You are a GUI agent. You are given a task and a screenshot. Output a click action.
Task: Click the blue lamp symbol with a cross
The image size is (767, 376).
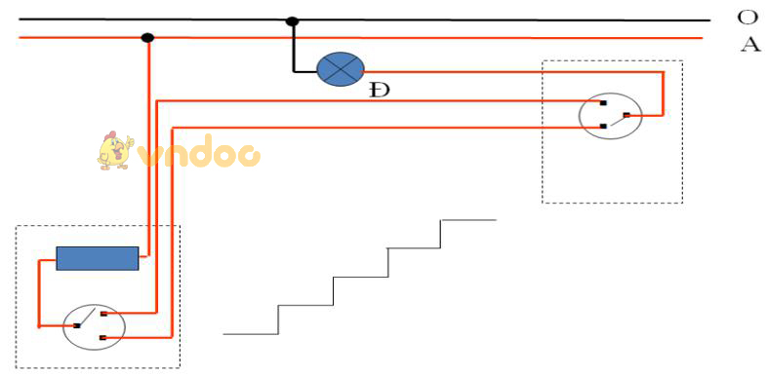coord(341,68)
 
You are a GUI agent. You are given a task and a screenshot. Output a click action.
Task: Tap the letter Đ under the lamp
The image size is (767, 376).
coord(380,91)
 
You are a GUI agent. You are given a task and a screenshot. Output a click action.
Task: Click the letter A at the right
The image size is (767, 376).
coord(748,45)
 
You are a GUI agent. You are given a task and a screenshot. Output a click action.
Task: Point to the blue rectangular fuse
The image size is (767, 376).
coord(98,258)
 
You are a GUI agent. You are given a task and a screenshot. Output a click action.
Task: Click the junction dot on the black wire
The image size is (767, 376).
coord(292,20)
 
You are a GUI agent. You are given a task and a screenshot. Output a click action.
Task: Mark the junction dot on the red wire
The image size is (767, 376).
coord(147,38)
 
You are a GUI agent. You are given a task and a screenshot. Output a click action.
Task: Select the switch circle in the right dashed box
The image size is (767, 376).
coord(609,115)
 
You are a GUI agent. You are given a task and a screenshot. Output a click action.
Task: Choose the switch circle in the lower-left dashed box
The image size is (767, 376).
coord(94,326)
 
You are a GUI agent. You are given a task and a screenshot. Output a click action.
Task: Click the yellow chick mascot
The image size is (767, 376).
coord(114,151)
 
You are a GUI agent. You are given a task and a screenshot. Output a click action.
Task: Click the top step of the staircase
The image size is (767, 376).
coord(469,219)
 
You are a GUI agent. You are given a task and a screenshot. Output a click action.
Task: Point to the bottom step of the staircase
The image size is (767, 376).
coord(251,333)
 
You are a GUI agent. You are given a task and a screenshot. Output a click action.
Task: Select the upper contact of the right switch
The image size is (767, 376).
coord(603,102)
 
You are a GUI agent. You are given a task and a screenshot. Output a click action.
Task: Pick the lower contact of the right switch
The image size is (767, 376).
coord(603,126)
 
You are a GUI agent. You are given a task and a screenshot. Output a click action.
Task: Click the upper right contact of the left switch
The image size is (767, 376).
coord(102,314)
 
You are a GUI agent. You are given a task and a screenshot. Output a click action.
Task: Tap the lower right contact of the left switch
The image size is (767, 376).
coord(102,337)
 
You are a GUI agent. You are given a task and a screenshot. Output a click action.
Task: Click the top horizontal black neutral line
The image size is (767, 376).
coord(488,19)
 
